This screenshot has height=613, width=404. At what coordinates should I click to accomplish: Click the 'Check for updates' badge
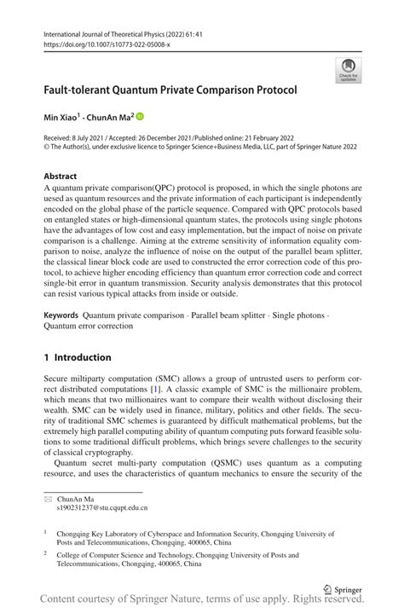pyautogui.click(x=348, y=71)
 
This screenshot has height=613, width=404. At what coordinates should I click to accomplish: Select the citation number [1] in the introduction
pyautogui.click(x=156, y=389)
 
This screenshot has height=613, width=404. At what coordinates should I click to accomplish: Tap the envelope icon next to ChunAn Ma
pyautogui.click(x=49, y=496)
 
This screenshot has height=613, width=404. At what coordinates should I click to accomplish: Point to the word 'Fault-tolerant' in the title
pyautogui.click(x=85, y=88)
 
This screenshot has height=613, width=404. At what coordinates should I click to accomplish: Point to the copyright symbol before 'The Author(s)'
pyautogui.click(x=47, y=147)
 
